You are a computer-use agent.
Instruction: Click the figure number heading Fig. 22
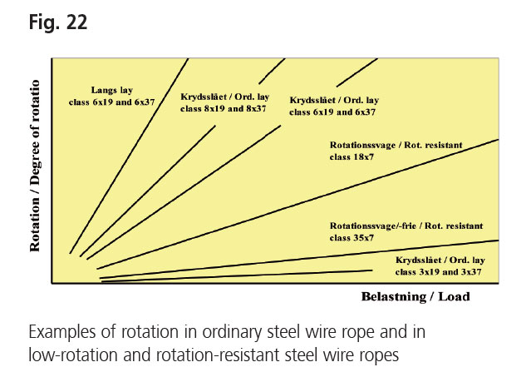58,22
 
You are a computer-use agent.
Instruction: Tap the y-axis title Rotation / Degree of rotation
35,166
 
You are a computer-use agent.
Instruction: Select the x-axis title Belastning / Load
415,296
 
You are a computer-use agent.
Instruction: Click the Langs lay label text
111,90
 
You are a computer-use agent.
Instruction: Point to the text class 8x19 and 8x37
224,109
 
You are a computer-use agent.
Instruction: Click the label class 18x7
352,157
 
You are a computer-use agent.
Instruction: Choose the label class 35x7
352,238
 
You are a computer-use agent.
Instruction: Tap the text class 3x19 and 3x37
438,272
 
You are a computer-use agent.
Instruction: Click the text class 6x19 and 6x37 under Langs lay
111,102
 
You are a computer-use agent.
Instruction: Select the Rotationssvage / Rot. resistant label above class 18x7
396,145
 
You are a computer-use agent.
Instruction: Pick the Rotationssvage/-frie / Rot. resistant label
406,226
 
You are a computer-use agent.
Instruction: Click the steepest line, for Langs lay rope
129,156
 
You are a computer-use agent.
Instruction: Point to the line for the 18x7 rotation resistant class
297,204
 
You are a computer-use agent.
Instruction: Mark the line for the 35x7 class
299,260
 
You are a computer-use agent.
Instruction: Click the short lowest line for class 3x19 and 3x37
237,275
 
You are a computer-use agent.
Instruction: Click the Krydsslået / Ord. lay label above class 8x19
225,97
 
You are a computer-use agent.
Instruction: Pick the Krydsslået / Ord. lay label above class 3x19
440,260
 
